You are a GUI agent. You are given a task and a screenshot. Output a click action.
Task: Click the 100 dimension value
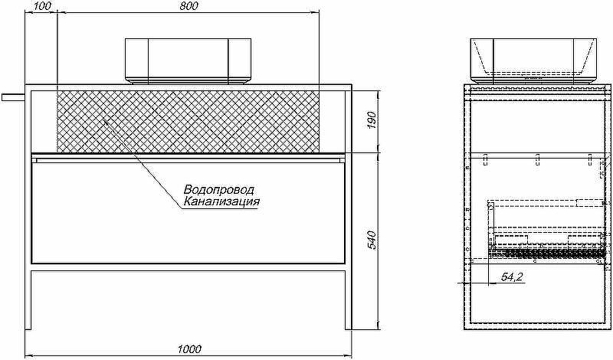(x=43, y=6)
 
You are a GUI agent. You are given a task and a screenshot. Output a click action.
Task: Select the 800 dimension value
(x=189, y=6)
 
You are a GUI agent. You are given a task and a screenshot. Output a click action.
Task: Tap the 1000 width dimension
(x=189, y=349)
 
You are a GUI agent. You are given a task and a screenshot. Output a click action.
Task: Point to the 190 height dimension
(x=372, y=121)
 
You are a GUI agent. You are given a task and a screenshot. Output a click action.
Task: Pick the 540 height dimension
(x=372, y=240)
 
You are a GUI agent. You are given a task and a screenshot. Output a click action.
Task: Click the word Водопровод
(x=219, y=190)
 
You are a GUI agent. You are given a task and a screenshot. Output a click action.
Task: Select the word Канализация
(x=221, y=201)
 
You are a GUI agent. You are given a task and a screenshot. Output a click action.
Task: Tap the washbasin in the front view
(x=188, y=61)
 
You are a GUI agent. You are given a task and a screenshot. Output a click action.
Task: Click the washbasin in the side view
(x=533, y=61)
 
